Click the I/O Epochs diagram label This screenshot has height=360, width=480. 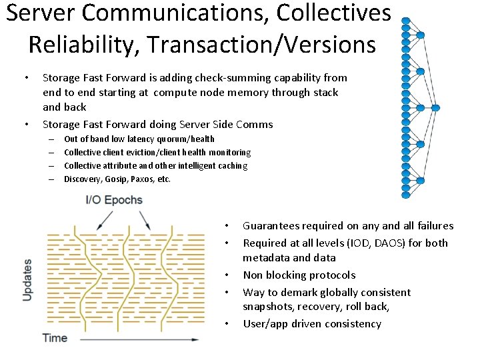114,200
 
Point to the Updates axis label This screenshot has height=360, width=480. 28,279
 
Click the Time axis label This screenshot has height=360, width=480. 55,338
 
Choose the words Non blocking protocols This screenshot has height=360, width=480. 299,275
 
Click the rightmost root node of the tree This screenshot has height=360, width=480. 436,107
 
